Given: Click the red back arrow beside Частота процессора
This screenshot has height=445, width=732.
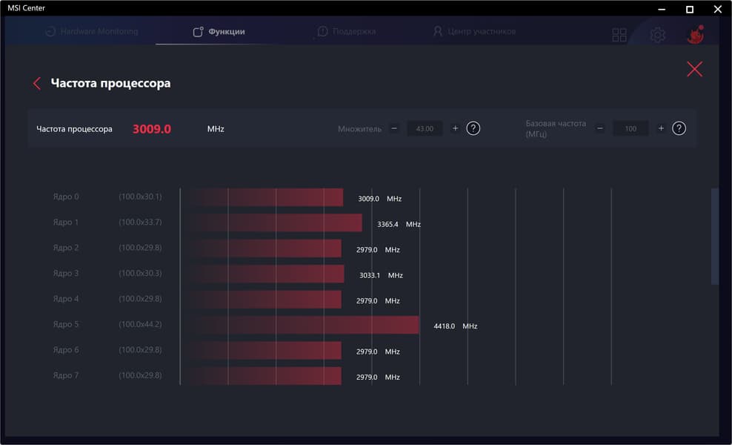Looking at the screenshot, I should [x=37, y=84].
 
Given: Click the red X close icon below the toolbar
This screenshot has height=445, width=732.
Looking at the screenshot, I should [x=694, y=69].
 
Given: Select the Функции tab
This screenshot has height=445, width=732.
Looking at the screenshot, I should [x=219, y=32].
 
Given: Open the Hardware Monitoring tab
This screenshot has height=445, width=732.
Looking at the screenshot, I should [x=91, y=32].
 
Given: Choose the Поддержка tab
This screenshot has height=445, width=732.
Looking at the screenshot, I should [x=346, y=32].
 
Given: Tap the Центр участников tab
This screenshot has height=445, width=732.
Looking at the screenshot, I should [x=474, y=32].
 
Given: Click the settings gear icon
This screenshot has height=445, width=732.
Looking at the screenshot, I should [x=657, y=35].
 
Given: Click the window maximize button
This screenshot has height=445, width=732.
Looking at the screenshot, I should [x=689, y=10].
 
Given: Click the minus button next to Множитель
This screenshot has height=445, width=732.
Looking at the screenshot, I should [x=394, y=128].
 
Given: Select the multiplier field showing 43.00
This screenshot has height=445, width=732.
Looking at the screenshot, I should [x=425, y=128].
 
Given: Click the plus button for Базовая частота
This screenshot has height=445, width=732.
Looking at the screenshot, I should [x=661, y=128].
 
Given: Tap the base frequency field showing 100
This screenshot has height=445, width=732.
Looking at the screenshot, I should [x=630, y=128].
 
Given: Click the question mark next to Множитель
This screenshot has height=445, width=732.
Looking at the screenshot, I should [x=473, y=128].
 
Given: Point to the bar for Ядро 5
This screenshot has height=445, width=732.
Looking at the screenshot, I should [x=300, y=325].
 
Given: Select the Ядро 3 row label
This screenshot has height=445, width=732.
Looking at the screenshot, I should [x=66, y=274].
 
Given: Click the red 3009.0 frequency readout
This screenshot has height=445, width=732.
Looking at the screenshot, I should [x=152, y=129].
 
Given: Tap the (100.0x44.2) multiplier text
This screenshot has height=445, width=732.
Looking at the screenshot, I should [x=140, y=325].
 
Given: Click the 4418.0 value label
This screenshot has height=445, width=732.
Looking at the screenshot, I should [x=445, y=326].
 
